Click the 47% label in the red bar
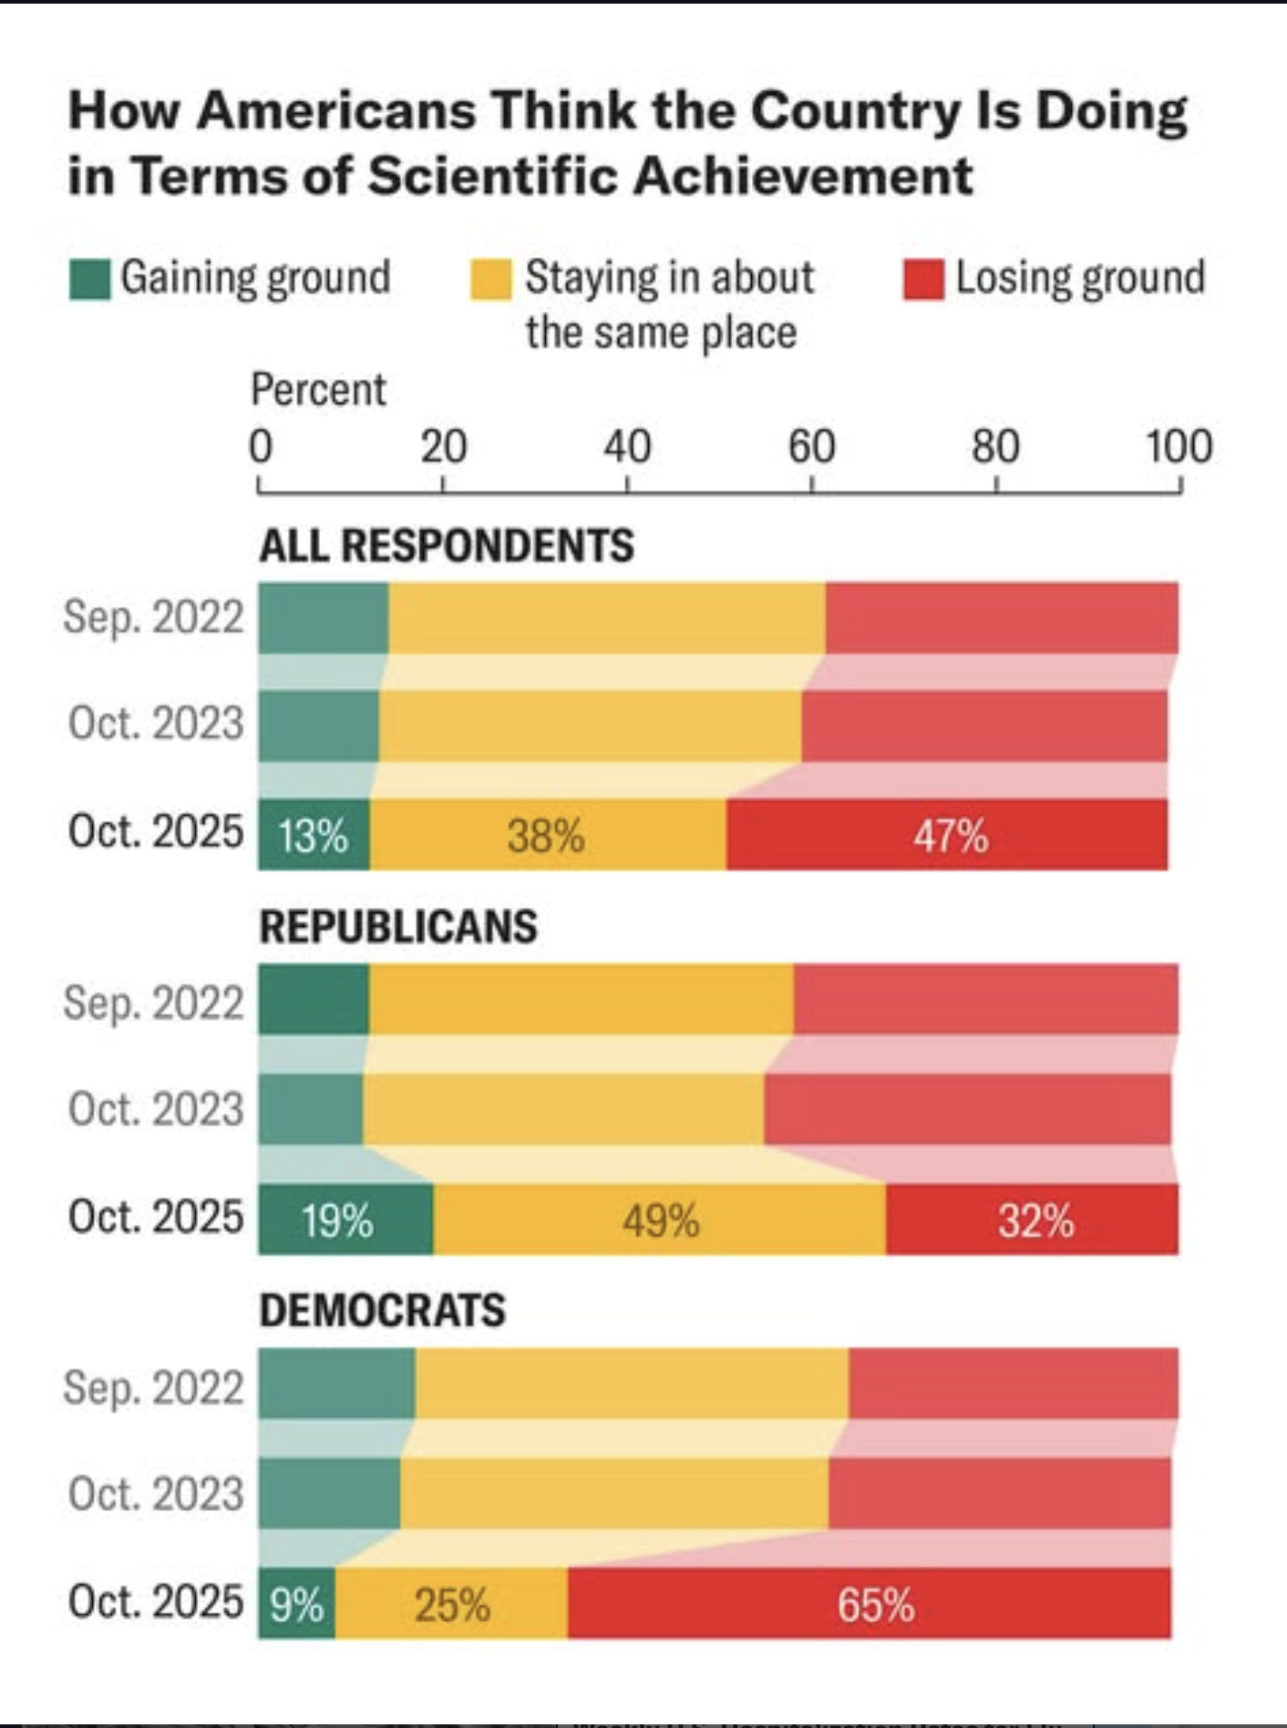pos(951,836)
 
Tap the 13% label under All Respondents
pos(313,836)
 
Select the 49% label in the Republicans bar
pos(661,1220)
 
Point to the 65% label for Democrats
pos(875,1605)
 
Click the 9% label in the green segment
pos(296,1605)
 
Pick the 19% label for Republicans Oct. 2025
pos(337,1220)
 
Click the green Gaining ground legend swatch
pos(90,279)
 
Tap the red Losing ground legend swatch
pos(923,279)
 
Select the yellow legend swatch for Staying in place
pos(490,279)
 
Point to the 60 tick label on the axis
pos(811,447)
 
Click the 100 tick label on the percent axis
pos(1179,447)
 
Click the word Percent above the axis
pos(318,390)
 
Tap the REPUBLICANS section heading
pos(398,927)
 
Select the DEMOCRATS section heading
pos(382,1311)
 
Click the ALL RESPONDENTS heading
pos(447,546)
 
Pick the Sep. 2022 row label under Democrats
pos(153,1386)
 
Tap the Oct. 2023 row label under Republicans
pos(156,1109)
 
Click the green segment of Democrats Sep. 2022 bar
pos(336,1383)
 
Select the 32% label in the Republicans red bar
pos(1035,1220)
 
